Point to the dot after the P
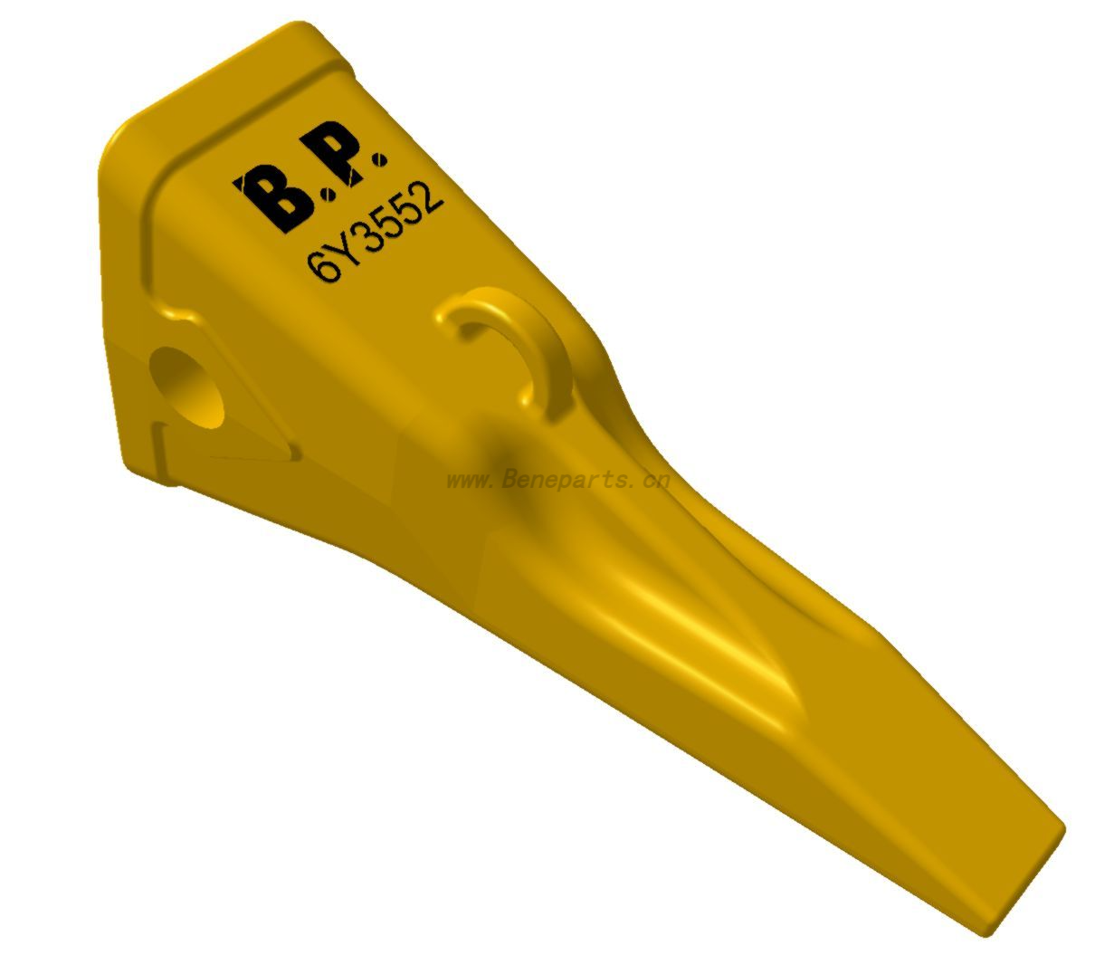[379, 160]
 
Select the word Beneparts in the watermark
[561, 480]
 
